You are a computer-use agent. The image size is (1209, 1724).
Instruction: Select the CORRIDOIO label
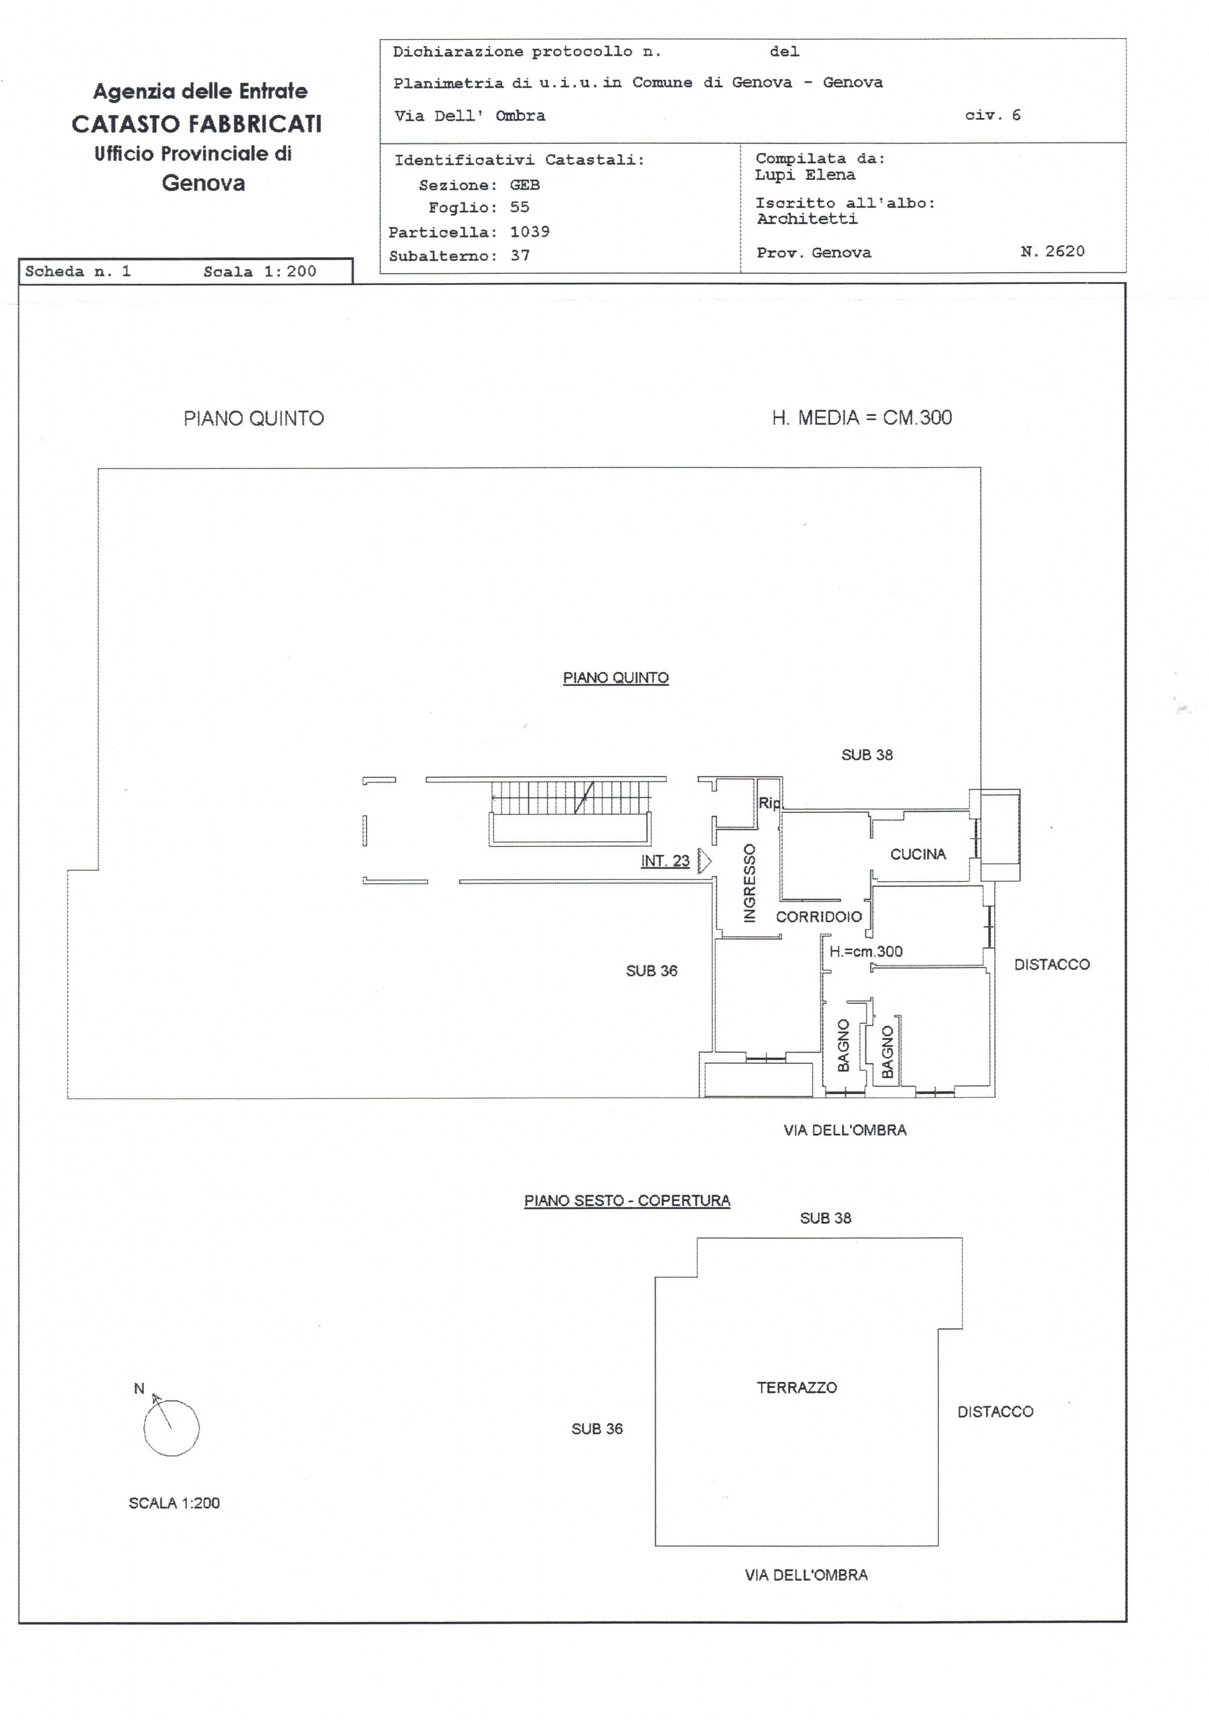(x=819, y=917)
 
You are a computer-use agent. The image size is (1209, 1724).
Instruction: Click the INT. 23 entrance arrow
(x=704, y=861)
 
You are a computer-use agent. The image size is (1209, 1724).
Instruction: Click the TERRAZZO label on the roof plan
(x=797, y=1387)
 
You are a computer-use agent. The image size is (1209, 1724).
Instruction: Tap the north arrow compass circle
(x=171, y=1428)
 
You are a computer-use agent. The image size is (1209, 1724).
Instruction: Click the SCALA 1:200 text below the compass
(x=174, y=1503)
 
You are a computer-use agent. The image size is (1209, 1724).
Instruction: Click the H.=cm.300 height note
(x=866, y=952)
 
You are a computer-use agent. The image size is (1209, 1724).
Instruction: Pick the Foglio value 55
(x=520, y=207)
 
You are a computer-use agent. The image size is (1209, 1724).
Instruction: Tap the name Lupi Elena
(x=805, y=175)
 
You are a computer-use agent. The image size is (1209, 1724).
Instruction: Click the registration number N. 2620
(x=1053, y=251)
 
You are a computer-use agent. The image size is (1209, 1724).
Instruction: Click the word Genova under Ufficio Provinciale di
(x=204, y=183)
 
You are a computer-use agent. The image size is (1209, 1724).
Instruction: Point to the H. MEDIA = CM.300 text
(x=861, y=418)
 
